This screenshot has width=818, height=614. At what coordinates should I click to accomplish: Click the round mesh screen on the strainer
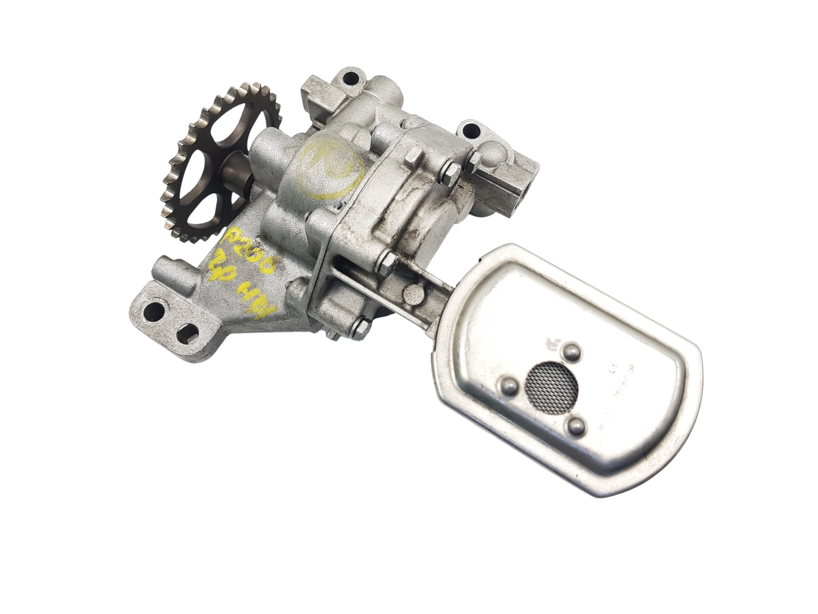point(543,381)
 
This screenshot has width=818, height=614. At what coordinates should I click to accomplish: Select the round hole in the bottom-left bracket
point(152,309)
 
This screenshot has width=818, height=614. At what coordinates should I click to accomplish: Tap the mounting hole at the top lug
point(350,80)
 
